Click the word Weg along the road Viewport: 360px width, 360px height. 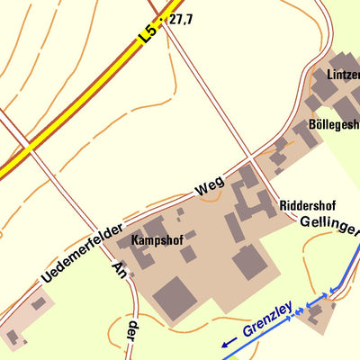click(x=209, y=188)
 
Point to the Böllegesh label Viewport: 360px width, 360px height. click(x=333, y=124)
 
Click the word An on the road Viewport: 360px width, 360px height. click(x=117, y=271)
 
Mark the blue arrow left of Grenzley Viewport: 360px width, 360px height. click(x=228, y=341)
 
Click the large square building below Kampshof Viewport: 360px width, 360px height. click(x=174, y=298)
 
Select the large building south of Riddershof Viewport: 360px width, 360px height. click(x=250, y=263)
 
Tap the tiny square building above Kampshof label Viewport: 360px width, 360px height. click(x=180, y=213)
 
